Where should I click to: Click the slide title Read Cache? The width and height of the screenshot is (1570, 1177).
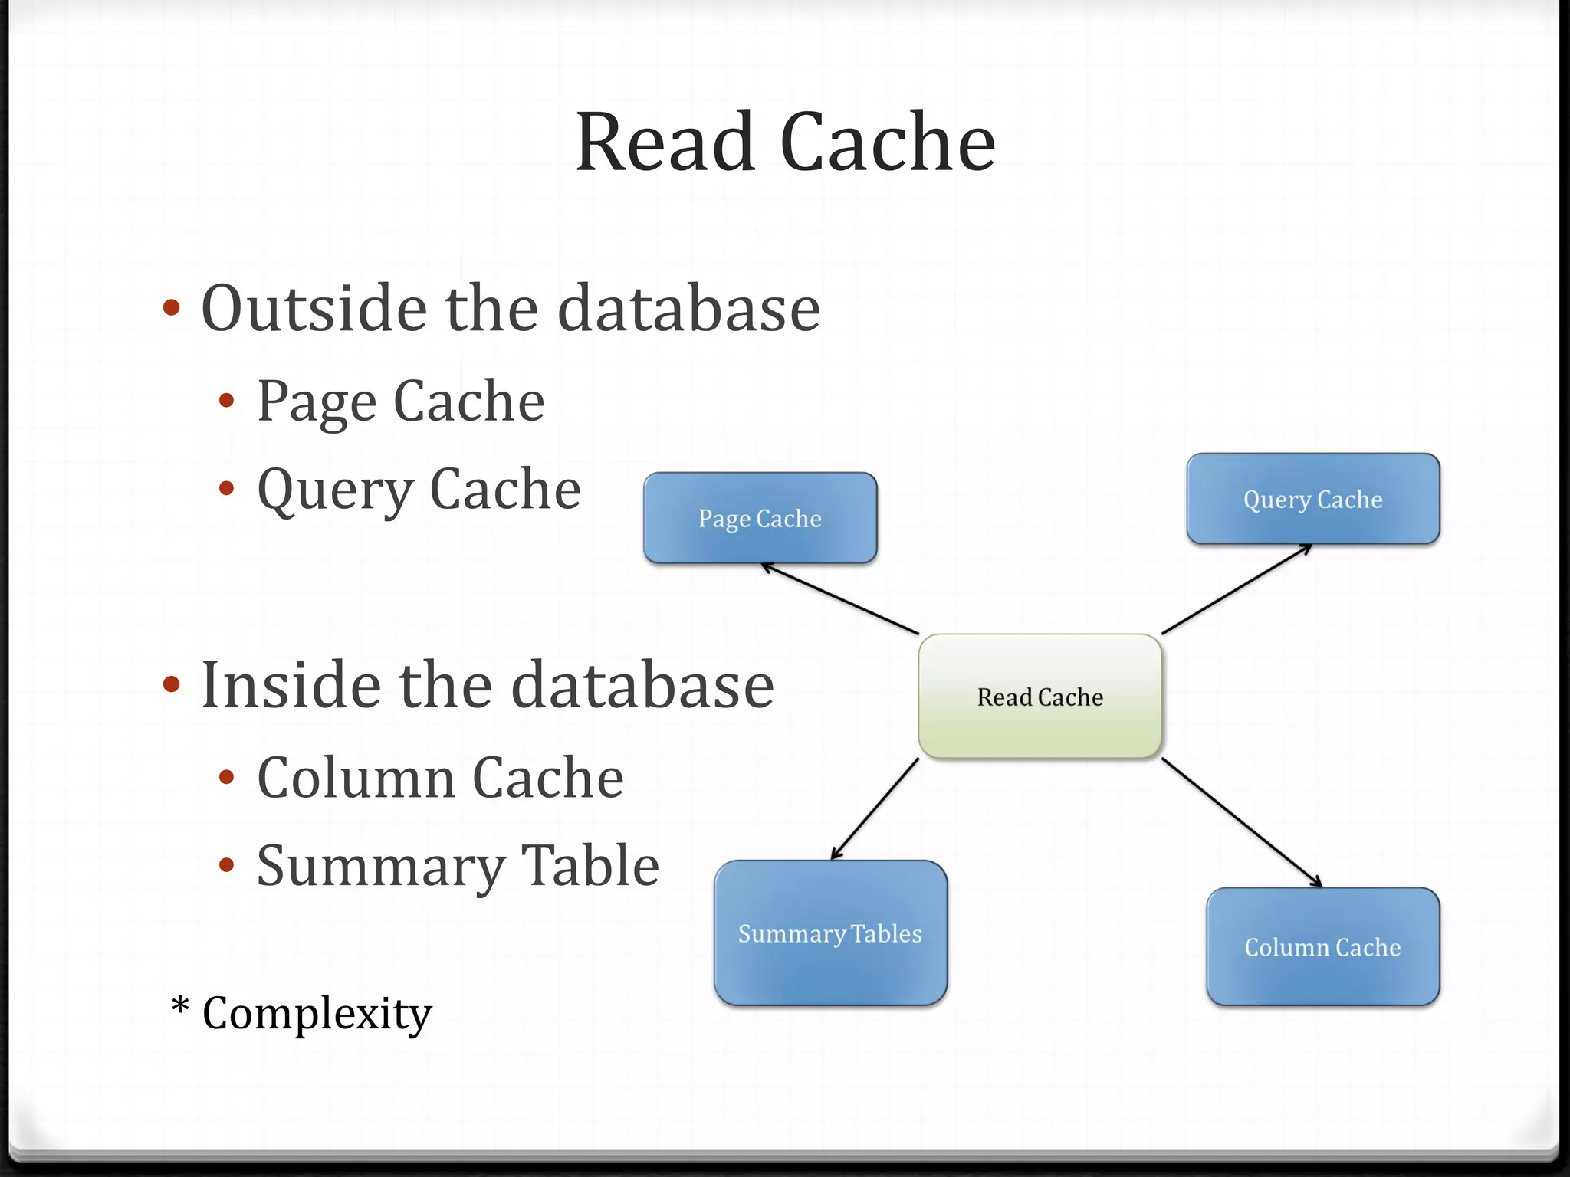[785, 143]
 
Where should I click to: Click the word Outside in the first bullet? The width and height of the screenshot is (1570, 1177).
[313, 308]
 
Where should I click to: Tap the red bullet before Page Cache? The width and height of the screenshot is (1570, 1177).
[226, 400]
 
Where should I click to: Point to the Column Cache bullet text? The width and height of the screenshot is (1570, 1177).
[440, 778]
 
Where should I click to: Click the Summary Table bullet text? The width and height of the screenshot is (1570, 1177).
[458, 866]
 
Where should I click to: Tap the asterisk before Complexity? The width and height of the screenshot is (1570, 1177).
[180, 1007]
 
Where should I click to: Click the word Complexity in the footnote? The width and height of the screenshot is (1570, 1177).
[317, 1013]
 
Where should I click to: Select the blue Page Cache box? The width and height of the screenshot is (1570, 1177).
[760, 518]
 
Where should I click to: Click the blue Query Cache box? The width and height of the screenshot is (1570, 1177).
[1312, 499]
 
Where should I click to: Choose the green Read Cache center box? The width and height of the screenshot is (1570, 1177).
[1040, 697]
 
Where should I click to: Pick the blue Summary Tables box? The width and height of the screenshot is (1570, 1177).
[830, 933]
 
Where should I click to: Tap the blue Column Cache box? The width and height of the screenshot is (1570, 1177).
[1322, 946]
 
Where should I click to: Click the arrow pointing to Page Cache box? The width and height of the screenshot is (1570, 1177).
[839, 598]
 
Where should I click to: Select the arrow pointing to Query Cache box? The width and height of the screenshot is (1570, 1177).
[1237, 589]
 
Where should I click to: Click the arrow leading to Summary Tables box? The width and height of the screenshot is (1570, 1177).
[875, 809]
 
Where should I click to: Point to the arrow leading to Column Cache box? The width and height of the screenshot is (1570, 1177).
[1242, 822]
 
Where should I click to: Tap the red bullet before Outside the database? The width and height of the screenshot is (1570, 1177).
[172, 308]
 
